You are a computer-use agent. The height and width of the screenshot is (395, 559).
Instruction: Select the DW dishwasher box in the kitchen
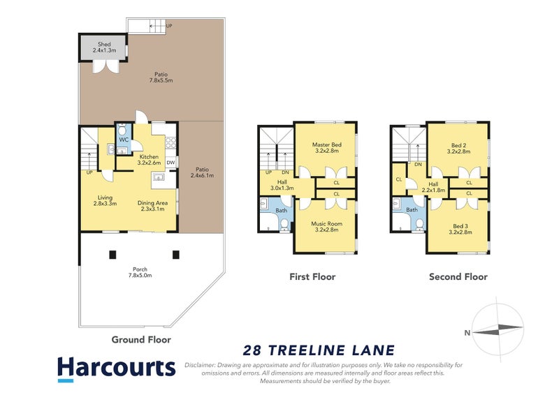click(170, 163)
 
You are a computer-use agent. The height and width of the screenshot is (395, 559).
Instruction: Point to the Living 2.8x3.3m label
click(105, 200)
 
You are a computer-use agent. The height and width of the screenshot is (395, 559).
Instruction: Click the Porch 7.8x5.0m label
click(140, 272)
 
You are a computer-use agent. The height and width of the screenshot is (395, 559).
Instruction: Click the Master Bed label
click(326, 147)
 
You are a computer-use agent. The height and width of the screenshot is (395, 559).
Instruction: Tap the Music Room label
click(326, 227)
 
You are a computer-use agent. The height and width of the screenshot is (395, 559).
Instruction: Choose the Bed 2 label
click(459, 147)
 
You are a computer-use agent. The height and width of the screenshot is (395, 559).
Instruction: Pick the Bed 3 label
click(459, 227)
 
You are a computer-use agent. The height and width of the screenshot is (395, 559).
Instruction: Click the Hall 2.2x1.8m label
click(433, 186)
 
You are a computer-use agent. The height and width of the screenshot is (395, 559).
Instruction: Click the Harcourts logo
click(115, 368)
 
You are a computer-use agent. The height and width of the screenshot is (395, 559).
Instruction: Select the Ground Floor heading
click(141, 340)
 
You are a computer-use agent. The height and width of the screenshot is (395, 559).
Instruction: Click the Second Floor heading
click(458, 277)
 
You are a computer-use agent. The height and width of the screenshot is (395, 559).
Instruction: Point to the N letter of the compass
click(466, 333)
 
